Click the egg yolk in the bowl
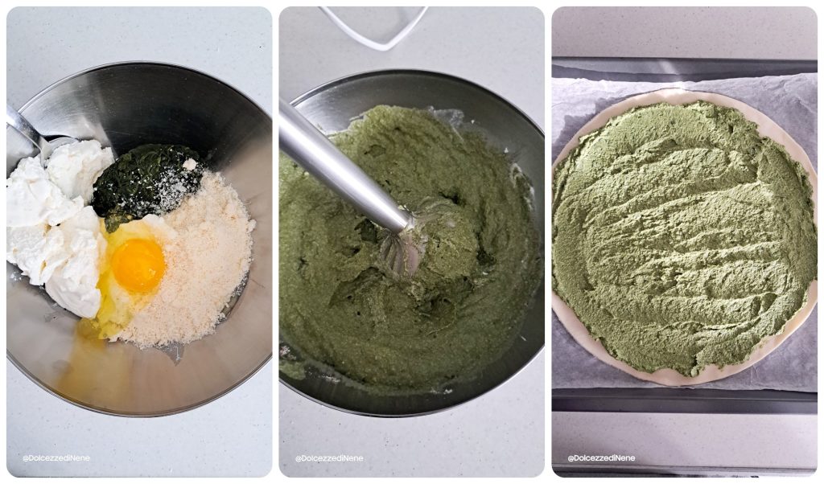pos(138,265)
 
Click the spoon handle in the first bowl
pos(23,129)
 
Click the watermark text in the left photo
pos(56,458)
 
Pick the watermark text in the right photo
pos(601,458)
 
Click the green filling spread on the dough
pos(684,233)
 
